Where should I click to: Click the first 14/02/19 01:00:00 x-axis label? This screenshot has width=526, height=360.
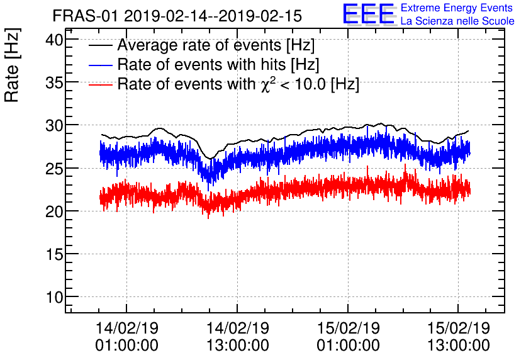pyautogui.click(x=126, y=336)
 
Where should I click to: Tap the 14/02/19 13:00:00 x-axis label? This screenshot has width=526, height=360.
pyautogui.click(x=237, y=336)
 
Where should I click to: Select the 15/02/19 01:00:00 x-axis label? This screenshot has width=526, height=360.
pyautogui.click(x=348, y=336)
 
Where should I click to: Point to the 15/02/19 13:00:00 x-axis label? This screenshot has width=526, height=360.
pyautogui.click(x=458, y=336)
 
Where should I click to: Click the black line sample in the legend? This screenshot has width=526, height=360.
pyautogui.click(x=101, y=46)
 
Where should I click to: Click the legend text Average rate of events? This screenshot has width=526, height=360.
pyautogui.click(x=216, y=46)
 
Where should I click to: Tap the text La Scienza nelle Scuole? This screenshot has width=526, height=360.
pyautogui.click(x=457, y=21)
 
